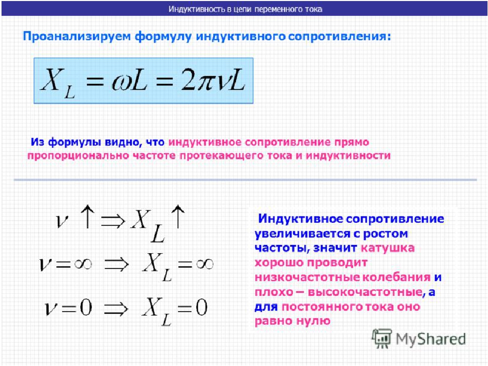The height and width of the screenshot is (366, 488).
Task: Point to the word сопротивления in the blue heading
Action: click(339, 37)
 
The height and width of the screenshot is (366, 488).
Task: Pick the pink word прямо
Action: click(352, 142)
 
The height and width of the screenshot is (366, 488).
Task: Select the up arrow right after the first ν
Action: click(87, 217)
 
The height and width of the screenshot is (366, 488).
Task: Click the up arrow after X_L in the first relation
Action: click(178, 217)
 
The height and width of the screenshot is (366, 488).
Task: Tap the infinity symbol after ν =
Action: click(83, 264)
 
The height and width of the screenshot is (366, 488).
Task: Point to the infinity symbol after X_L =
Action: click(204, 264)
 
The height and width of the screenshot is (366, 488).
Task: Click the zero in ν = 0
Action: click(85, 308)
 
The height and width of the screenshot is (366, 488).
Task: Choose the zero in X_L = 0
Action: click(201, 308)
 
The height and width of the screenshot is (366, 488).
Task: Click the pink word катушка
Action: click(388, 248)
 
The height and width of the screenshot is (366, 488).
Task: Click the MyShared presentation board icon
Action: click(382, 339)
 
